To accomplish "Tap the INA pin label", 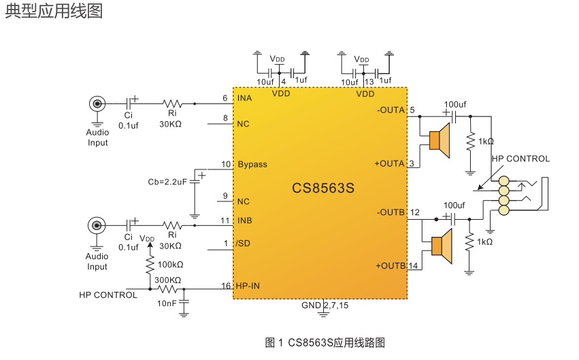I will click(245, 99).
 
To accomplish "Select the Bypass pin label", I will click(252, 165).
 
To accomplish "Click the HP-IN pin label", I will click(248, 286).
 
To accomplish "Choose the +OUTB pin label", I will click(390, 265).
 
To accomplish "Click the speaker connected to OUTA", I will click(440, 140).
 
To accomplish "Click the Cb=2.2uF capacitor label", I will click(167, 182).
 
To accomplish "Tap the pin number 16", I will click(226, 286).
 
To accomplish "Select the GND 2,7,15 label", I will click(325, 306).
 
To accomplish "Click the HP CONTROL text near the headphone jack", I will click(520, 159).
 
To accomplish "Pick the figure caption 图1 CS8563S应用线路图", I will click(325, 342).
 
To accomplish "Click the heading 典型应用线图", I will click(54, 12).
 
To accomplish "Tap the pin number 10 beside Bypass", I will click(226, 165).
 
